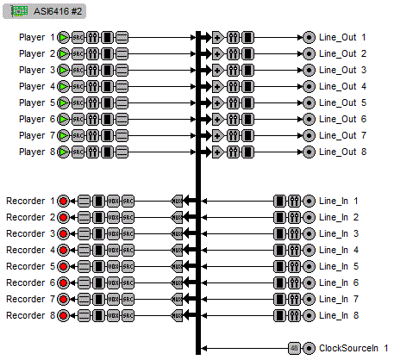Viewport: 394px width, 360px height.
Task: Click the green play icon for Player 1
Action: [x=64, y=38]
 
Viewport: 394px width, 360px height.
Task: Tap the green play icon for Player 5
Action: [x=64, y=103]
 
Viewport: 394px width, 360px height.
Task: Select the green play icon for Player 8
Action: [x=64, y=152]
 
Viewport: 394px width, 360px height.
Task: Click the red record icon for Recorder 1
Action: [x=63, y=201]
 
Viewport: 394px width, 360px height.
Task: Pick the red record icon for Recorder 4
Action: [x=63, y=250]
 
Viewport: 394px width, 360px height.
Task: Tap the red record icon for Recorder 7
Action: [x=63, y=299]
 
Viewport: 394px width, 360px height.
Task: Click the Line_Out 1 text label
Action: [x=342, y=38]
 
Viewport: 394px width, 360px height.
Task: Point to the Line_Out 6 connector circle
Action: [x=309, y=120]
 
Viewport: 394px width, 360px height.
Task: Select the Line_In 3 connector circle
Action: [x=309, y=233]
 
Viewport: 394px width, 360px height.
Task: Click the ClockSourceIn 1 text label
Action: [x=353, y=348]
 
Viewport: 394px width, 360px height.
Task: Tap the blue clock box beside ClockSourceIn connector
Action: [x=294, y=348]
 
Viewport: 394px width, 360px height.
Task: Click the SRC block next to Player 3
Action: [x=78, y=71]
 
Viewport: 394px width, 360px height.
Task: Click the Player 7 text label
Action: [x=37, y=136]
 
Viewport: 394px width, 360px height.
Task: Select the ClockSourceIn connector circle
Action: [x=309, y=348]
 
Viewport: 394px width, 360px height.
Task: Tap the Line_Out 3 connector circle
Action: [x=309, y=71]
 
